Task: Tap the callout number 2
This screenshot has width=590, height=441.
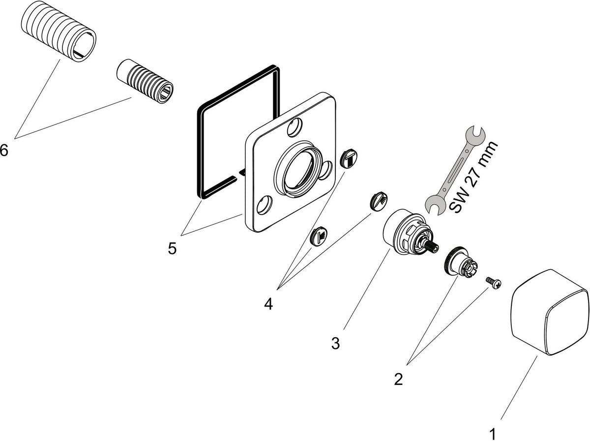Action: point(398,379)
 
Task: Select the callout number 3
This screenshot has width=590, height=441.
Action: point(335,343)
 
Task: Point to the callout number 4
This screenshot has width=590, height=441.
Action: point(268,304)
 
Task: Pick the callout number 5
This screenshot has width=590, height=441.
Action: point(172,248)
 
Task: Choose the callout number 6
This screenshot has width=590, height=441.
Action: point(4,150)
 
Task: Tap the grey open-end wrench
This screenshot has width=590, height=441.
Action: point(455,171)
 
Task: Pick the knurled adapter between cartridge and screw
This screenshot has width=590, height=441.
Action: point(460,261)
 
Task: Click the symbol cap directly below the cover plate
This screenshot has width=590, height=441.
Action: point(319,237)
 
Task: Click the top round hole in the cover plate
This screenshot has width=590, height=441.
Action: point(295,126)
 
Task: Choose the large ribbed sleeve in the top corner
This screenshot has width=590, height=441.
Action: point(59,31)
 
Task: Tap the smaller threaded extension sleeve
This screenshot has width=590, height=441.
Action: point(145,81)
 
